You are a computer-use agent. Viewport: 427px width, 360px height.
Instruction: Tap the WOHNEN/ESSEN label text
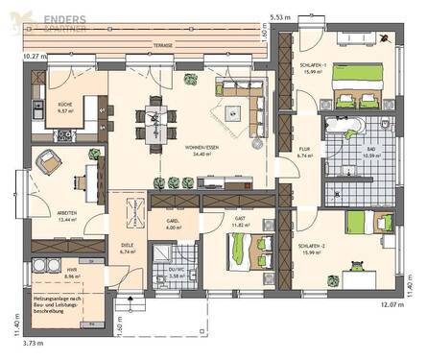coord(204,148)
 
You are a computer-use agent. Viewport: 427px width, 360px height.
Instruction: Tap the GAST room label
coord(243,220)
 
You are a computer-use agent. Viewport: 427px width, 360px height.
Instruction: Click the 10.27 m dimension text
coord(18,57)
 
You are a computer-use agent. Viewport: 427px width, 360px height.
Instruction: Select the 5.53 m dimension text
coord(280,17)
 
